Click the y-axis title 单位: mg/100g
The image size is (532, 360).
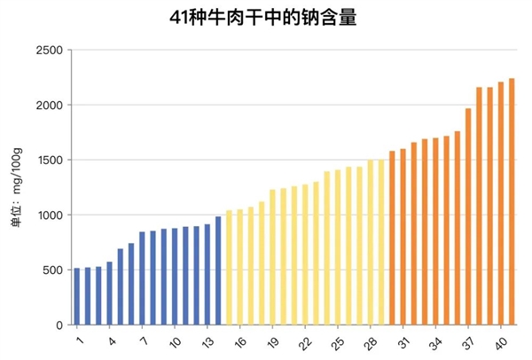(15, 188)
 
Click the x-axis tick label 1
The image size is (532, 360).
(78, 340)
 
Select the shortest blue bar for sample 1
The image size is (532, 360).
(77, 296)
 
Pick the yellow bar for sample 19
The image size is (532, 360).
(272, 257)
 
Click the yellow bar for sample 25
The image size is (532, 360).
(338, 247)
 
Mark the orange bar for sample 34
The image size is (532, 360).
(435, 231)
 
